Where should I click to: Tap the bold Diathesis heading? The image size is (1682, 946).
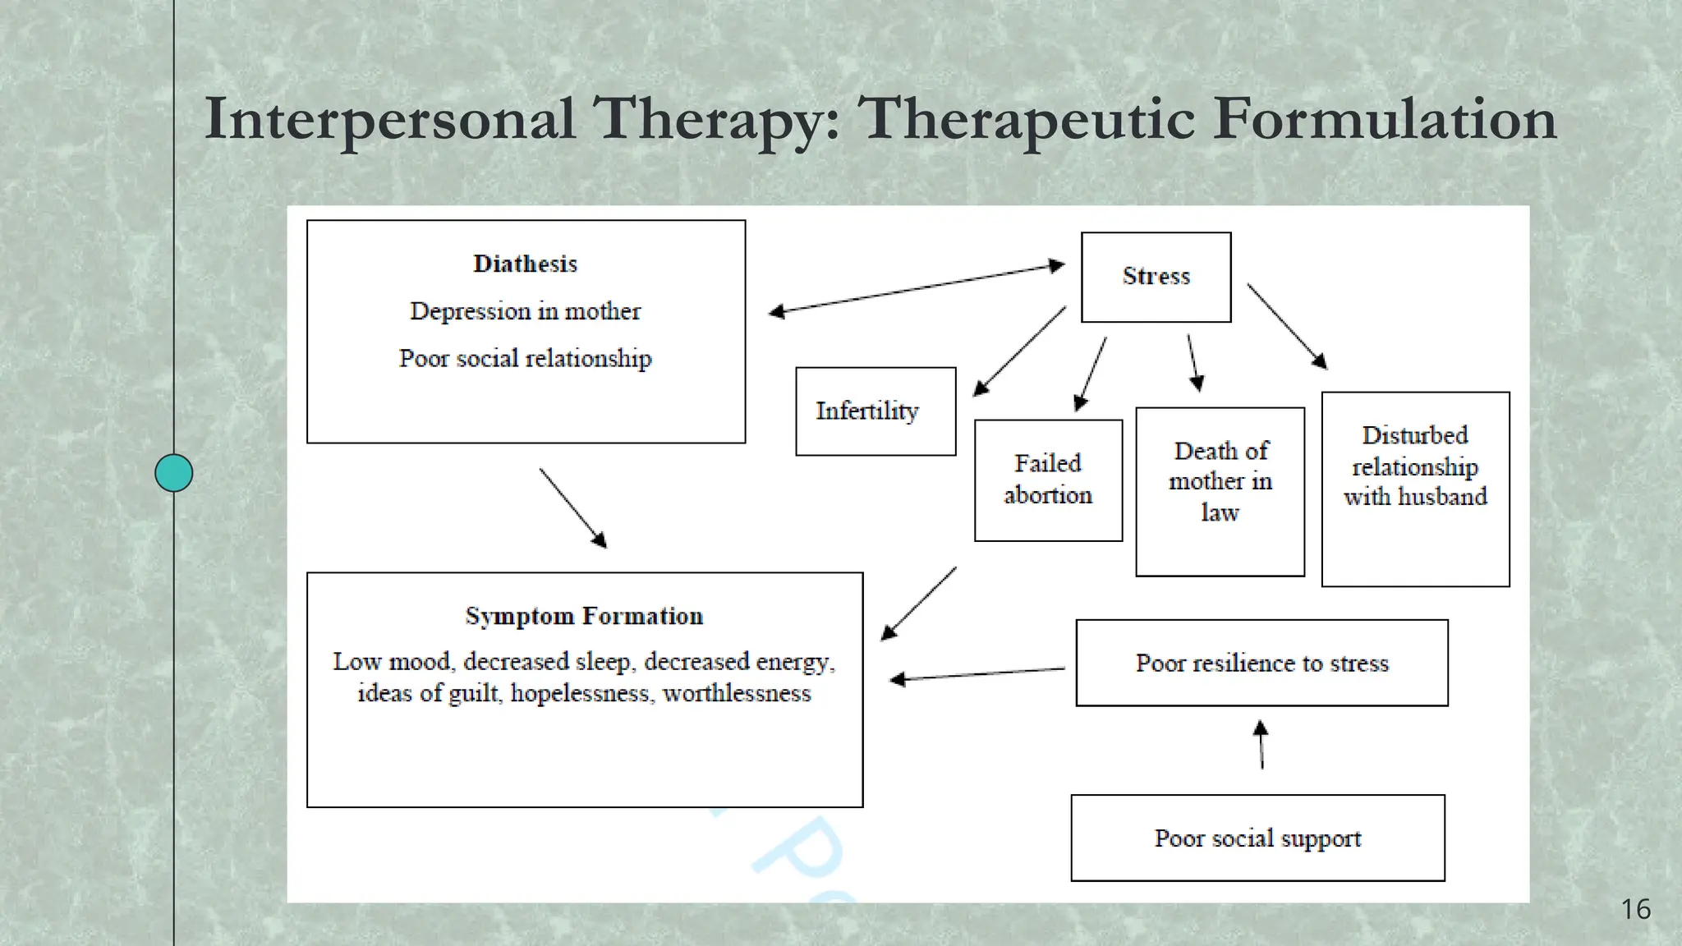[x=526, y=264]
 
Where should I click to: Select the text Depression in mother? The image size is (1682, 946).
[x=526, y=311]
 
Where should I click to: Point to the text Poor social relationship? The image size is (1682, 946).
[x=526, y=359]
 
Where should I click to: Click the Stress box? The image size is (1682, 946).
[x=1156, y=277]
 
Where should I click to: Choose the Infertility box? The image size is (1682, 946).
[x=875, y=411]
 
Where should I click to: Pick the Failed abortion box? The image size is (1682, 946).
[x=1048, y=480]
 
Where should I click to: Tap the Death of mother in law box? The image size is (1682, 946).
[x=1220, y=491]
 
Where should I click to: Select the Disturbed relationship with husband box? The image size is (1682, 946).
[x=1415, y=489]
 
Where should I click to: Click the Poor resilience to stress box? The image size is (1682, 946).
[x=1261, y=663]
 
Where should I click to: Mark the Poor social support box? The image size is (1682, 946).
[x=1257, y=838]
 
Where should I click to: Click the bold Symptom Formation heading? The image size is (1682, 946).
[x=584, y=616]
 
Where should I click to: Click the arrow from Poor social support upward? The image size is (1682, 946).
[x=1261, y=745]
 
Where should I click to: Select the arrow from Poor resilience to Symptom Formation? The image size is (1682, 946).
[x=977, y=674]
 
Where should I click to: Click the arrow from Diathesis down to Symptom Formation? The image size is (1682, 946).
[x=573, y=508]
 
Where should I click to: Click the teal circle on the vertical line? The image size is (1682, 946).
[x=174, y=473]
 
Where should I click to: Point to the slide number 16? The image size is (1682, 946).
[x=1635, y=909]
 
